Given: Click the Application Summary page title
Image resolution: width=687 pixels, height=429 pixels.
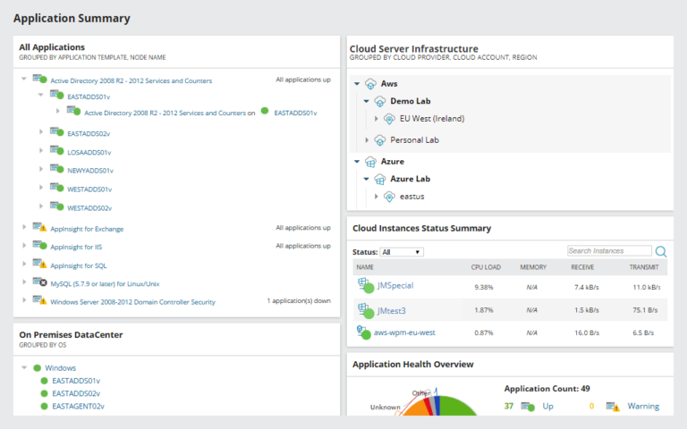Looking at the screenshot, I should [72, 18].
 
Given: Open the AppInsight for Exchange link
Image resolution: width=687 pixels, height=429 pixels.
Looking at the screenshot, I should [87, 228].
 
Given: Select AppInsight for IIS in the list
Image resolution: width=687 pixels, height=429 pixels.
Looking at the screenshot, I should [76, 246].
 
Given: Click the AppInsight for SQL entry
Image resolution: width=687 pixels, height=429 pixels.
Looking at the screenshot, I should [79, 265].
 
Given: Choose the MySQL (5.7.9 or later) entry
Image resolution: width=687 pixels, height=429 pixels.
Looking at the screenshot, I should [105, 283].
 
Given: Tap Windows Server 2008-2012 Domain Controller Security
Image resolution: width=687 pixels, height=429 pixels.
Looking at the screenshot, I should [132, 302].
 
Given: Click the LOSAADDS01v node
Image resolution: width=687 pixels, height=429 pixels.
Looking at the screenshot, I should [89, 152].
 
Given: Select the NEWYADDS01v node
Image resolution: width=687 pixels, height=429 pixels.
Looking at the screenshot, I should [90, 170].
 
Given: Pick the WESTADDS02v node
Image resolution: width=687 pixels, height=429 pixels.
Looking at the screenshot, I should [89, 207].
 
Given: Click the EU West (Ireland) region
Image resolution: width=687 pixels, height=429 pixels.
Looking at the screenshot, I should [431, 118].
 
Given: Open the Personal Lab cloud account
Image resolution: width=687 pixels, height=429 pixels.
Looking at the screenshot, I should [414, 140].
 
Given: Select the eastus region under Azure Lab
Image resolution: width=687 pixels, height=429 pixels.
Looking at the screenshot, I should [411, 196].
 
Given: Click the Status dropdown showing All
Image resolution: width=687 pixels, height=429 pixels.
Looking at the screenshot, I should [402, 252].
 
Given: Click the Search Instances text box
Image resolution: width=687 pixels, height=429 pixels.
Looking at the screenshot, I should [609, 251].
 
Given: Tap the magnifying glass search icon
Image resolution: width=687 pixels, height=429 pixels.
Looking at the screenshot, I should [662, 252].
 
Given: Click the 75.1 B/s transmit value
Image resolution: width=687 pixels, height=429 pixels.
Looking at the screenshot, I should [645, 310].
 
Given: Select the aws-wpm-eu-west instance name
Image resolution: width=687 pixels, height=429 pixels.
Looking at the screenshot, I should [405, 332].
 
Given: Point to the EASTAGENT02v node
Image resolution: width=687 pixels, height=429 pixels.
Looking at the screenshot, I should [78, 406].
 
